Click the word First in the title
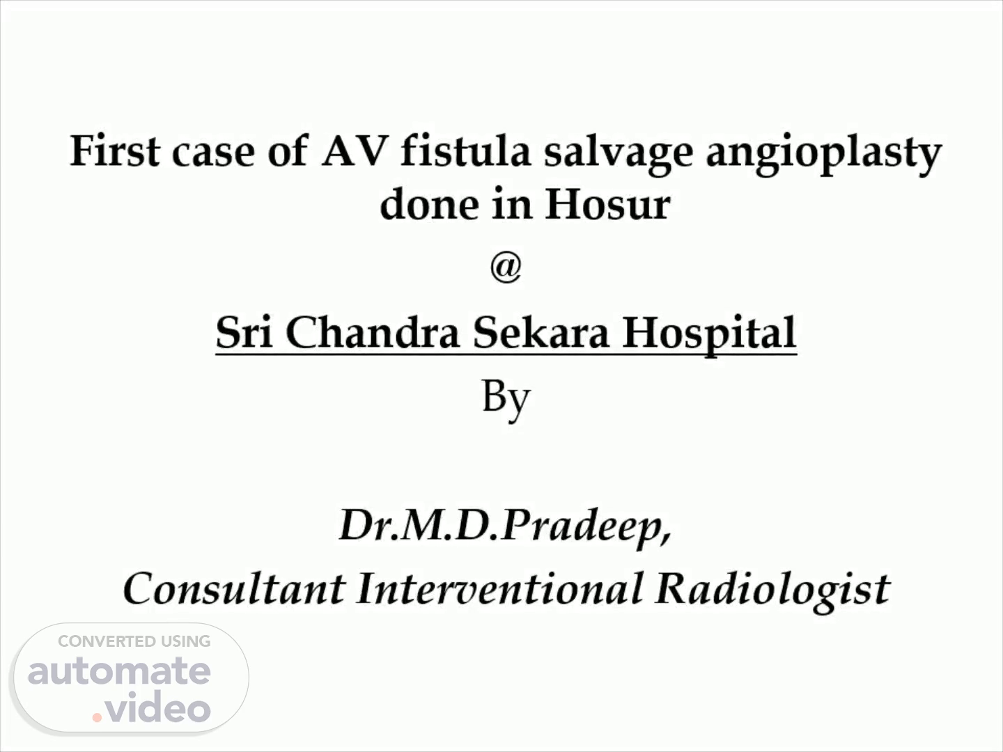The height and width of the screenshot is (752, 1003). (x=115, y=150)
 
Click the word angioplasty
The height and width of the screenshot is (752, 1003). (x=824, y=154)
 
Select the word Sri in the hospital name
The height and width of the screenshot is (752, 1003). (x=244, y=332)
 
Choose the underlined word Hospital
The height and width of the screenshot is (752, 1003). (x=710, y=335)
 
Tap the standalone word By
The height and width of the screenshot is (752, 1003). (x=506, y=400)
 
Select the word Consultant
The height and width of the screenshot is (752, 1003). (x=234, y=588)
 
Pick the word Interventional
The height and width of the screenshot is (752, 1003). (x=499, y=588)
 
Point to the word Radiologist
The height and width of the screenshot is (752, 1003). (x=772, y=592)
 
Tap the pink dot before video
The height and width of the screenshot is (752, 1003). (x=97, y=717)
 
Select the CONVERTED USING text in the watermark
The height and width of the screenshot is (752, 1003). (x=134, y=641)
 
